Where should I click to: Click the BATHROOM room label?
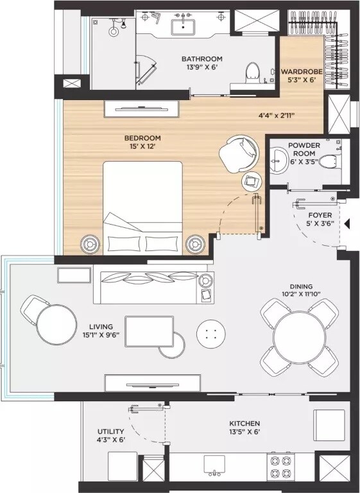(201, 60)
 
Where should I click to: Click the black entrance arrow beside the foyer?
(347, 224)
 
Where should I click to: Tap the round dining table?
(299, 338)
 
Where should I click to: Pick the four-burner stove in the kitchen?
(280, 467)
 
